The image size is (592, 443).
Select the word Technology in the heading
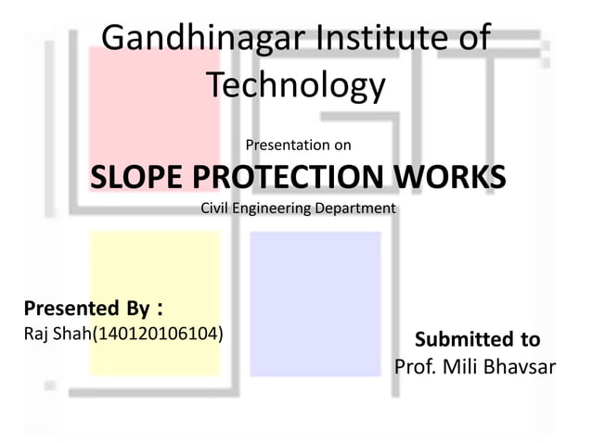point(295,85)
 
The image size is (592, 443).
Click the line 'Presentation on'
point(298,145)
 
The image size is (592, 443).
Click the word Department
point(354,208)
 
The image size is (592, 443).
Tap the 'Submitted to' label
point(477,339)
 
